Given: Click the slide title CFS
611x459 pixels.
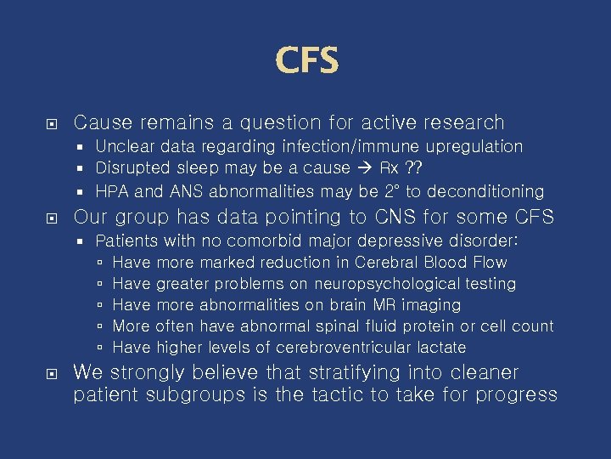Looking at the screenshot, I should [306, 61].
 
